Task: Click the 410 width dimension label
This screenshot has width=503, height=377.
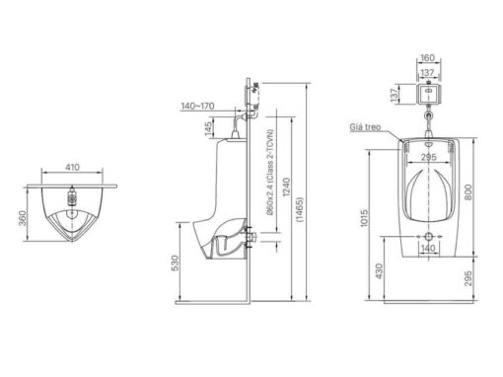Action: coord(72,167)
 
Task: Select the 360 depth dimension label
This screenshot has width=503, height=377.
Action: coord(22,218)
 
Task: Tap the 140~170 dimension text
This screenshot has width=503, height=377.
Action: coord(197,106)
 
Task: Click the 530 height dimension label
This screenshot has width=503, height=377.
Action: coord(176,263)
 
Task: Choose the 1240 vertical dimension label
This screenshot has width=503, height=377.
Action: coord(287,188)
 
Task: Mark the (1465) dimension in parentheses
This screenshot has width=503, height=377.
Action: coord(300,210)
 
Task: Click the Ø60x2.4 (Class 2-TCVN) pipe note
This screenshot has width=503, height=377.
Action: coord(270,172)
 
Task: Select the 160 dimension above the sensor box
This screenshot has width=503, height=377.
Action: coord(427,58)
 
